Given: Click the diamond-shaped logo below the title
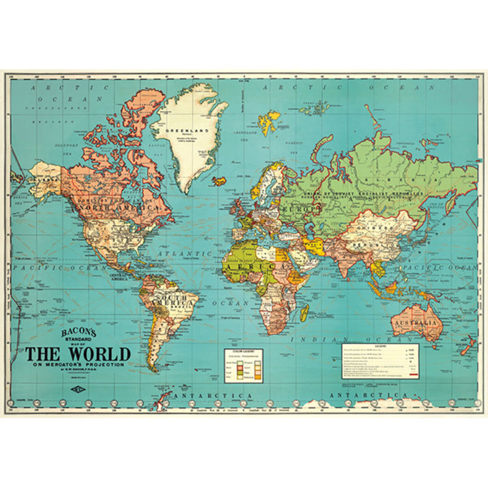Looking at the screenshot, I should point(78,389).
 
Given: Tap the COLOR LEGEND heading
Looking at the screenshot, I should point(244,351).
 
